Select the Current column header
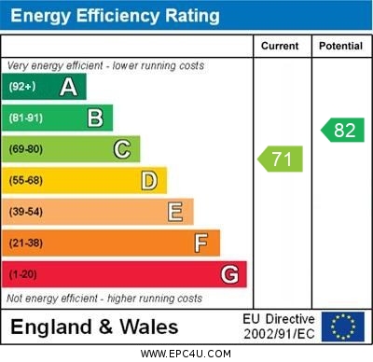coord(280,46)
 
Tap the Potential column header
coord(339,46)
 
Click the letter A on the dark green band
coord(68,87)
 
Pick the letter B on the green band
coord(95,118)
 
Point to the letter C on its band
coord(121,149)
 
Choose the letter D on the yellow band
coord(148,180)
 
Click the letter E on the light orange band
coord(174,212)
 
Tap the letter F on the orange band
coord(200,243)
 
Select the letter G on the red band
coord(228,274)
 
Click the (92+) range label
coord(22,87)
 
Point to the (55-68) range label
coord(26,180)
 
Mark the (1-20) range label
coord(23,274)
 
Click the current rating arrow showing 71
coord(281,159)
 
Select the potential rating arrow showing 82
coord(342,130)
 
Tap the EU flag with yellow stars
coord(342,327)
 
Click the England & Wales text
coord(94,327)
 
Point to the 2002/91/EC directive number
coord(279,334)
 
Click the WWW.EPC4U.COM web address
coord(186,354)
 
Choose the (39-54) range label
coord(26,212)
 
